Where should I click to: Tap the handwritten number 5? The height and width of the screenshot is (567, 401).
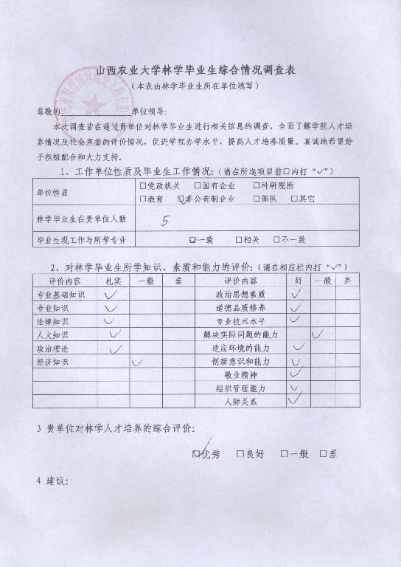pyautogui.click(x=165, y=220)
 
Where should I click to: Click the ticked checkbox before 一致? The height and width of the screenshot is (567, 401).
pyautogui.click(x=193, y=239)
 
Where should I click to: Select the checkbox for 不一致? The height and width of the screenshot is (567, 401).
pyautogui.click(x=276, y=239)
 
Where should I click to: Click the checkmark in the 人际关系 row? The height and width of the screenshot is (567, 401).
pyautogui.click(x=295, y=400)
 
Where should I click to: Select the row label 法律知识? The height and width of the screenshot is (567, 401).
pyautogui.click(x=53, y=322)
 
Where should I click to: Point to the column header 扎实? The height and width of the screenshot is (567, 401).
pyautogui.click(x=113, y=281)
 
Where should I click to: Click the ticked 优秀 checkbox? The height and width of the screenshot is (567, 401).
pyautogui.click(x=197, y=453)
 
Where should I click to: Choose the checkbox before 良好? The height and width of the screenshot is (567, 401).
pyautogui.click(x=240, y=454)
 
